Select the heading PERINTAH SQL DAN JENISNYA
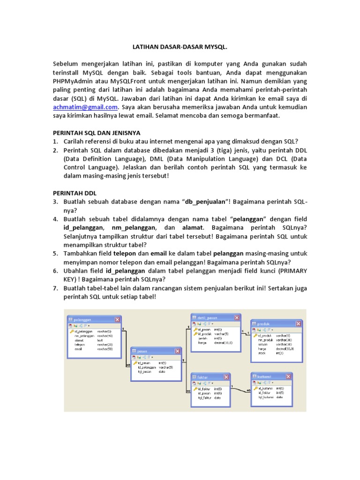tap(96, 133)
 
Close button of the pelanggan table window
tap(117, 319)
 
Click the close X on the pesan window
tap(178, 351)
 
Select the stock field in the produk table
tap(262, 353)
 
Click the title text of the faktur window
tap(203, 376)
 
